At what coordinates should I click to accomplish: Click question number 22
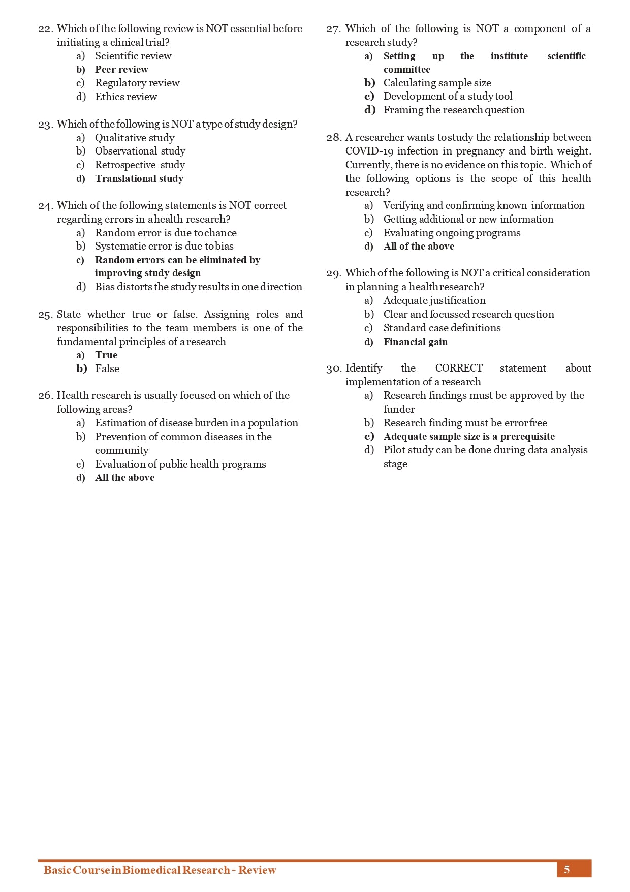(x=45, y=29)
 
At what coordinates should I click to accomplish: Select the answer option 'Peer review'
(x=121, y=69)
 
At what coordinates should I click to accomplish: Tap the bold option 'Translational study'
(x=139, y=178)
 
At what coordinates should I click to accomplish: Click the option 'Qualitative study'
(x=135, y=138)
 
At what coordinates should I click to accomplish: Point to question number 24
(x=45, y=206)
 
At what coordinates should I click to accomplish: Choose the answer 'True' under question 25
(x=106, y=355)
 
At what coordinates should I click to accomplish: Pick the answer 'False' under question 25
(x=107, y=368)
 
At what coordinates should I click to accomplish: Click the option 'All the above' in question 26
(x=124, y=477)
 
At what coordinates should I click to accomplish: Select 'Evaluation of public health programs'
(x=180, y=464)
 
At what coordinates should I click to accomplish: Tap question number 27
(x=333, y=29)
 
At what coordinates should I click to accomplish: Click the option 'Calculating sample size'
(x=437, y=83)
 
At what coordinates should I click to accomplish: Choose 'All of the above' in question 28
(x=419, y=246)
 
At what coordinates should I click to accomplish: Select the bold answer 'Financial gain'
(x=415, y=342)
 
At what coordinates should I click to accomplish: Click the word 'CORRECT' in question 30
(x=459, y=368)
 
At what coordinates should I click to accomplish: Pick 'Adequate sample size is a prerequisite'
(x=469, y=436)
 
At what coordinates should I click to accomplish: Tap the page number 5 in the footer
(x=567, y=869)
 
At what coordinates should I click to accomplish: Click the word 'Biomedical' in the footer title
(x=151, y=870)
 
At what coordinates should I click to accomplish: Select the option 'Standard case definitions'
(x=442, y=328)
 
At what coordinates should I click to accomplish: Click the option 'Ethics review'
(x=126, y=97)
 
